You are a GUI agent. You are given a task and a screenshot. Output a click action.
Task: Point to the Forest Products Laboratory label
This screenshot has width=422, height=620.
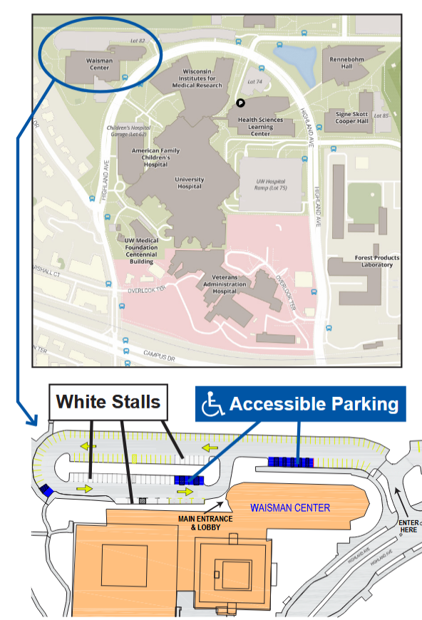pos(376,261)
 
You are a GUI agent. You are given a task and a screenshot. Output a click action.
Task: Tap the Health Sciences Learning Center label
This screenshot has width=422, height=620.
pos(260,126)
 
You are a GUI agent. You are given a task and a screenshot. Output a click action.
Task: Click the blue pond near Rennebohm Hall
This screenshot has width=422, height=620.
pos(296,61)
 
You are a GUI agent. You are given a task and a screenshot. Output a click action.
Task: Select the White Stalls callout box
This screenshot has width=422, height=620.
pos(108,402)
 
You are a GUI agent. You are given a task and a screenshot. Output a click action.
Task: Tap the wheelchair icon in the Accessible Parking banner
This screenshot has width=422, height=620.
pos(212,405)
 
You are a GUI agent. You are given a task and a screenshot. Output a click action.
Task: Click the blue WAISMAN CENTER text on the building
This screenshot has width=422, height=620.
pos(289,508)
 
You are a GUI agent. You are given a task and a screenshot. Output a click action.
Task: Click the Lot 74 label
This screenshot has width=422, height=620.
pos(254,83)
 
